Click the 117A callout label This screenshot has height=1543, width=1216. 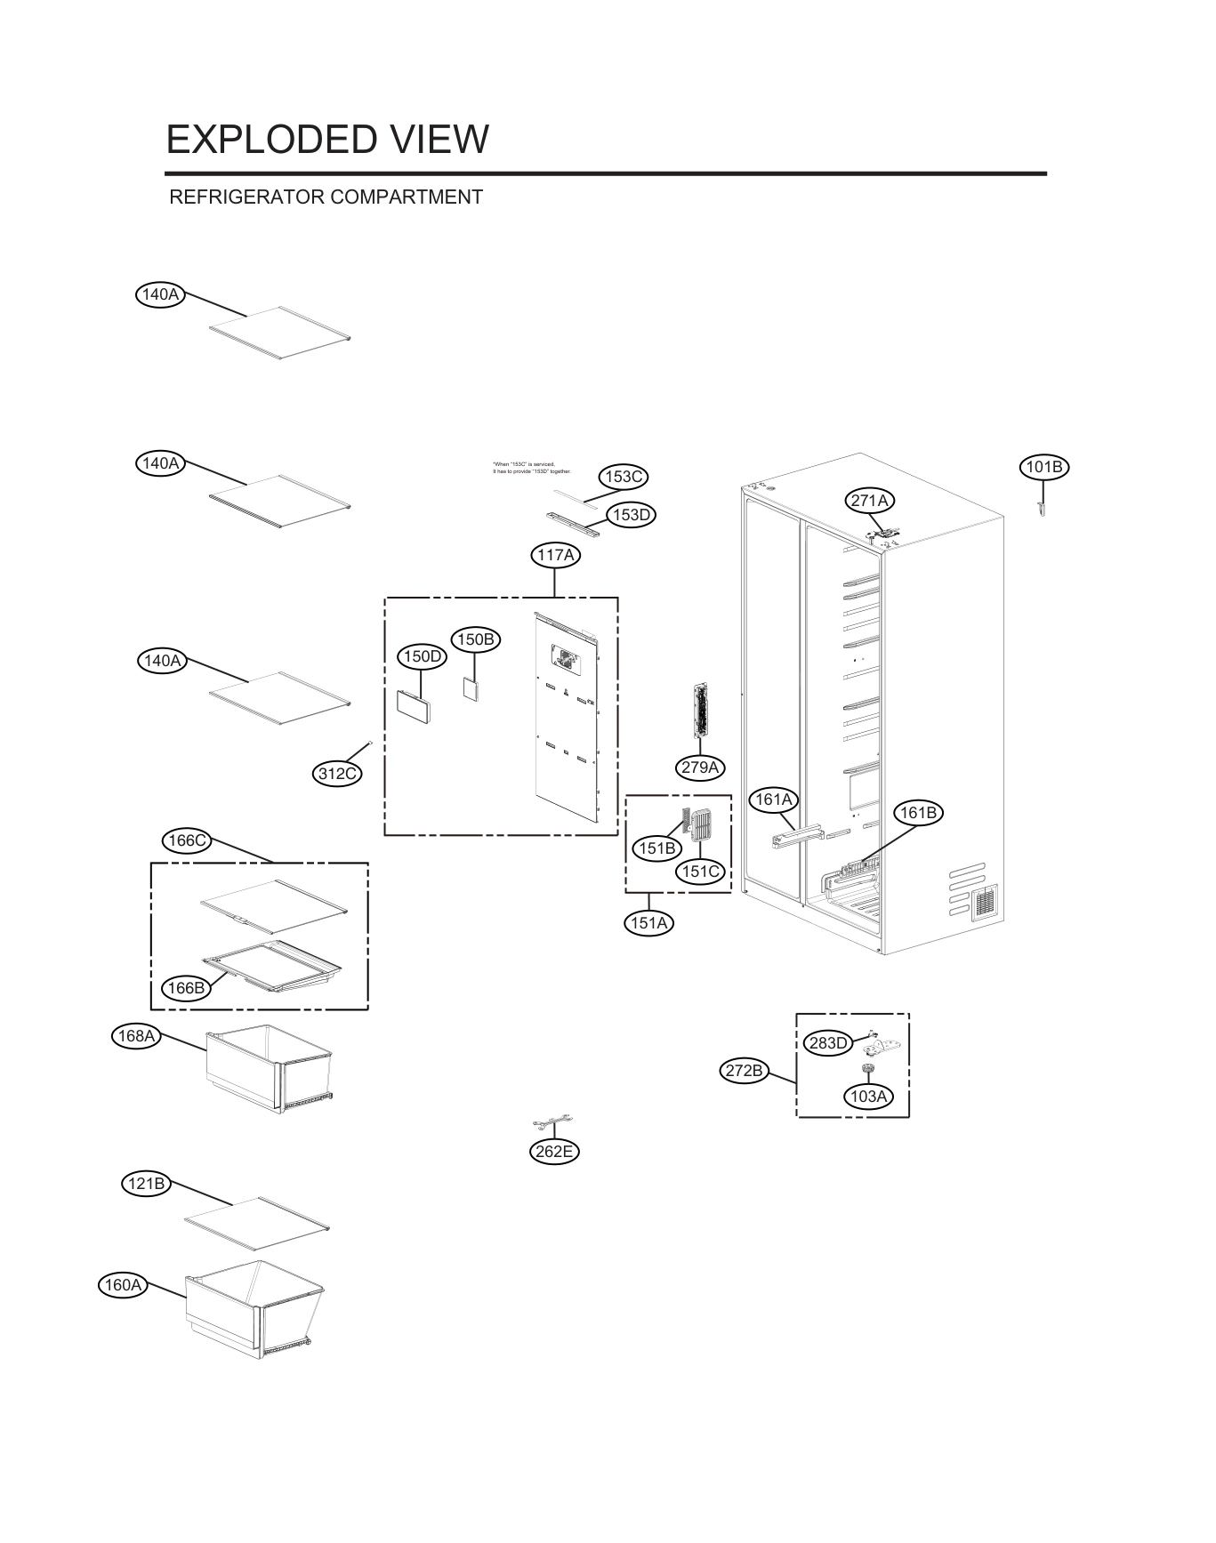click(x=555, y=556)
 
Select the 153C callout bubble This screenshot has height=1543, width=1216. click(x=624, y=477)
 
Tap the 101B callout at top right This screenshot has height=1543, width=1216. click(x=1043, y=467)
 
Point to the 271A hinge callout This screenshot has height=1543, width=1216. click(x=869, y=501)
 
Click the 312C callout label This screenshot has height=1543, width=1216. click(x=338, y=774)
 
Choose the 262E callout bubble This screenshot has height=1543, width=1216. click(x=554, y=1152)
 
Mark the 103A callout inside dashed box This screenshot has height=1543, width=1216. click(x=868, y=1097)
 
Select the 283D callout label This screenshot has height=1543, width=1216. click(x=827, y=1043)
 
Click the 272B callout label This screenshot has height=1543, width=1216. click(x=744, y=1071)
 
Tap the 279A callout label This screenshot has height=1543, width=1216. click(x=700, y=767)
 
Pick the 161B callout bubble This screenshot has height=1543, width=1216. click(x=918, y=813)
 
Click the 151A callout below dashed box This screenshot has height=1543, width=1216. click(x=648, y=923)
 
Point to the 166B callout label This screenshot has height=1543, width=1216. click(x=187, y=988)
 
